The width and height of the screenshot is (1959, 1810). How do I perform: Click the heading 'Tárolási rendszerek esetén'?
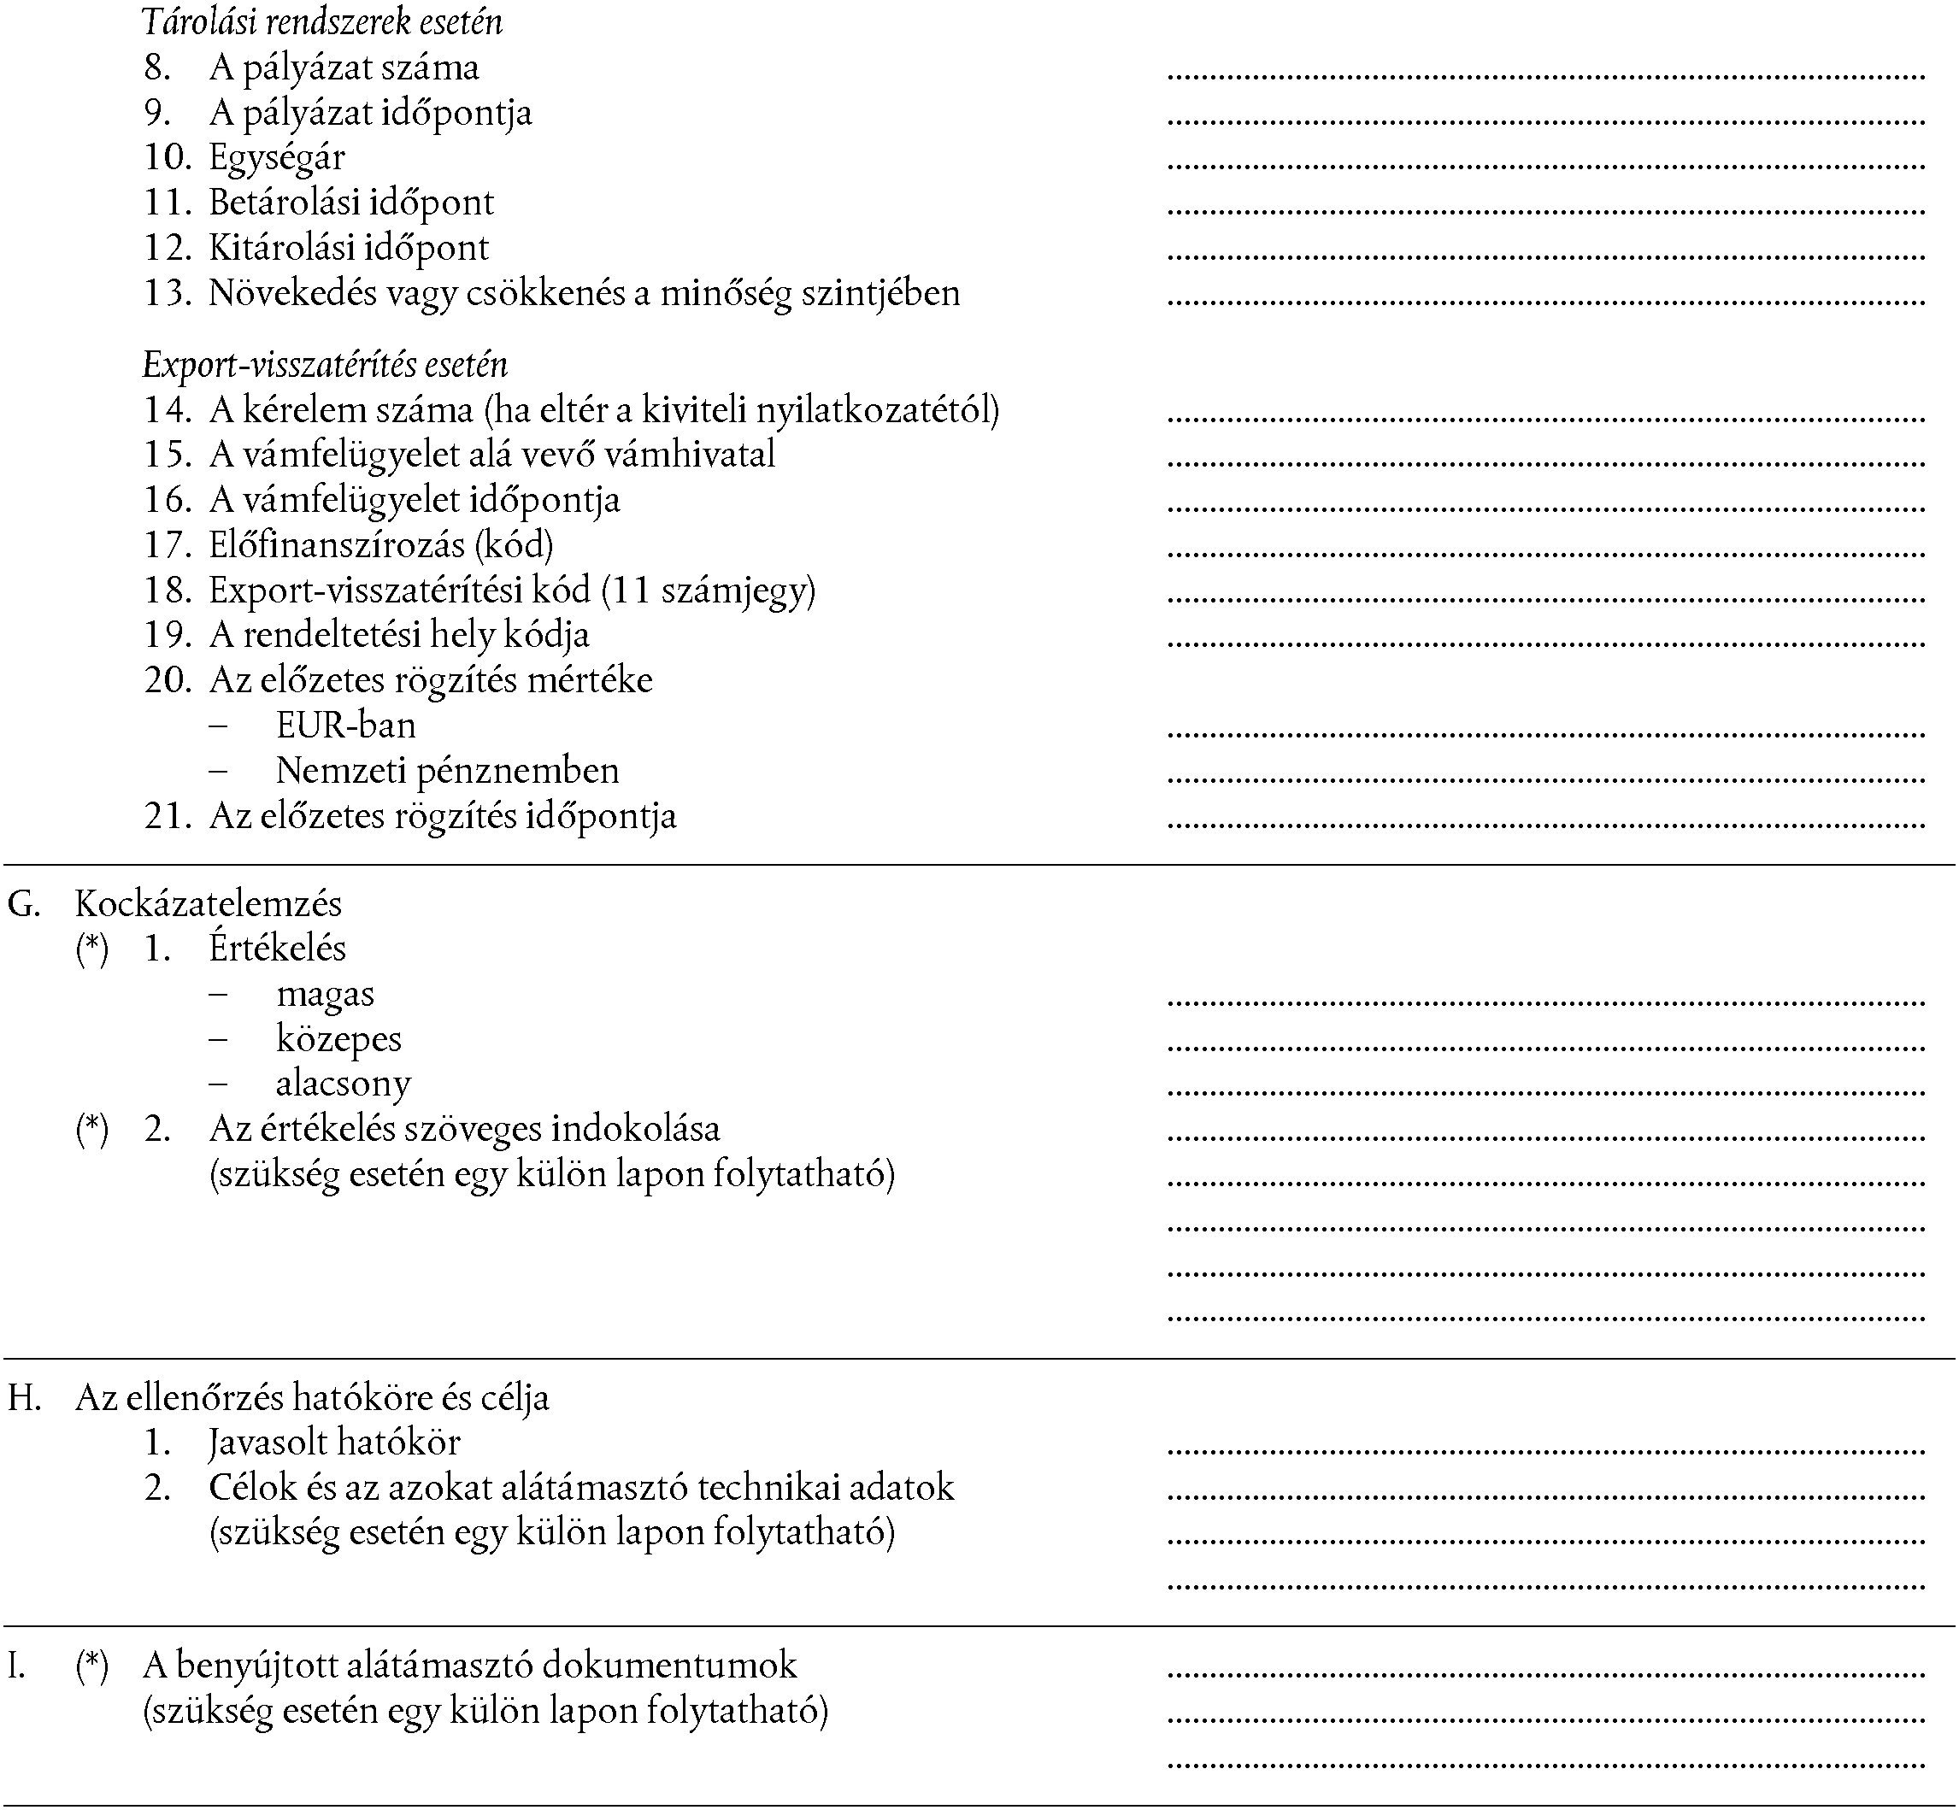click(x=322, y=21)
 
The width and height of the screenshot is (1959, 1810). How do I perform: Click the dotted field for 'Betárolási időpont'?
click(x=1545, y=209)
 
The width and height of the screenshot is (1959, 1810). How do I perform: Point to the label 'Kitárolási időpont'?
click(x=348, y=248)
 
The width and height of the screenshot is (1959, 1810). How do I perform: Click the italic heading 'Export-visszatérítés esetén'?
click(x=325, y=364)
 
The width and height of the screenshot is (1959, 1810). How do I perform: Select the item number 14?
click(x=168, y=409)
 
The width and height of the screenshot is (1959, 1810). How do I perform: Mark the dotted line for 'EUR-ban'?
click(x=1545, y=732)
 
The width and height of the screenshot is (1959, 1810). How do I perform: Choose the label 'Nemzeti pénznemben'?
click(x=448, y=771)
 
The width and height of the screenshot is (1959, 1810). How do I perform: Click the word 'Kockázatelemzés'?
click(x=209, y=904)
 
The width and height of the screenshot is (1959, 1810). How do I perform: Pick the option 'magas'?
click(x=325, y=994)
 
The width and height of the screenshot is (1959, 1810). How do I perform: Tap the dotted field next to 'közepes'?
click(x=1545, y=1046)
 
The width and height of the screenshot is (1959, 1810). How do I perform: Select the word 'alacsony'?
click(x=343, y=1084)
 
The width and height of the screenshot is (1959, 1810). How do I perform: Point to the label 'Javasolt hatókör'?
click(x=334, y=1443)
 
